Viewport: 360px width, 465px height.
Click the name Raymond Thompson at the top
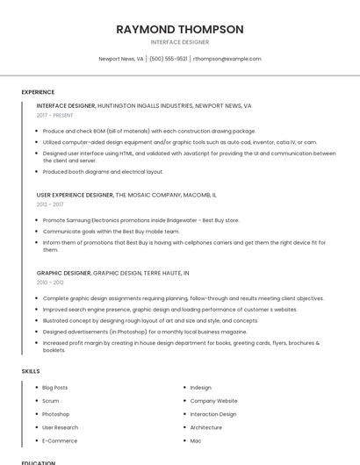tap(180, 29)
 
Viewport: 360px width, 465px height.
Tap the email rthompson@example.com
tap(227, 59)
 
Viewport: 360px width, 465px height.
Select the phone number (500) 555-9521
tap(168, 59)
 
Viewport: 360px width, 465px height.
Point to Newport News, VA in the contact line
tap(121, 59)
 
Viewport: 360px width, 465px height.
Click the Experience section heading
tap(38, 92)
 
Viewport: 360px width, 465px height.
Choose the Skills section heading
tap(31, 371)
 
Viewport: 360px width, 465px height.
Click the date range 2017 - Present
tap(55, 115)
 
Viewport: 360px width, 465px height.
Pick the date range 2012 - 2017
tap(50, 204)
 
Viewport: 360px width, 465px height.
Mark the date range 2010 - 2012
tap(50, 283)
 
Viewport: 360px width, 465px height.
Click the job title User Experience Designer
tap(75, 195)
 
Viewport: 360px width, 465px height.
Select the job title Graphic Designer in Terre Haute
tap(64, 273)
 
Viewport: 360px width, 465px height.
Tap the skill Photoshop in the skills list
tap(55, 414)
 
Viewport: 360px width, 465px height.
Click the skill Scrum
tap(50, 401)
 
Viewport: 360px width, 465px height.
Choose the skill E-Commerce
tap(60, 440)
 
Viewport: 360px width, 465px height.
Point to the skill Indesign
tap(200, 387)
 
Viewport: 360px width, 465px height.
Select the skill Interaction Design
tap(213, 414)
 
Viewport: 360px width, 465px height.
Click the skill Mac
tap(196, 440)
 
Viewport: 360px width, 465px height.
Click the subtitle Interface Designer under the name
tap(180, 42)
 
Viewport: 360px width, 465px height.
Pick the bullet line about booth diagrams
tap(103, 172)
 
